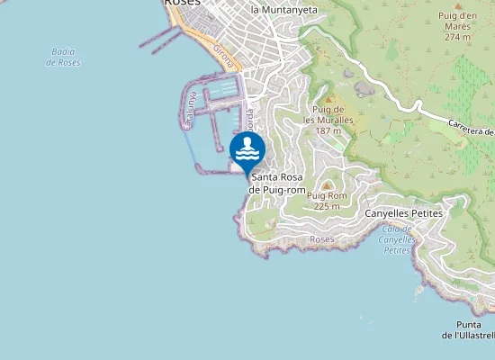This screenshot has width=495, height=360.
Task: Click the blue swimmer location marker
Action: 247,149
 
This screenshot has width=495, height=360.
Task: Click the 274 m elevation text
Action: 457,37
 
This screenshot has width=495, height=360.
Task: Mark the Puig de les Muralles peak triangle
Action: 328,100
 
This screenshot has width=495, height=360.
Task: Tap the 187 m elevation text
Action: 328,130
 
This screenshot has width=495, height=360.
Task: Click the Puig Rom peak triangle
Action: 327,184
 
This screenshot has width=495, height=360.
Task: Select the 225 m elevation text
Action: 326,206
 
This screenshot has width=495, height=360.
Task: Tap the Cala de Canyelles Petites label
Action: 397,239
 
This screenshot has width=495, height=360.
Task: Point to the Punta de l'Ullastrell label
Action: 468,329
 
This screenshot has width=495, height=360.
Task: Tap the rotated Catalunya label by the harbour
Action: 190,113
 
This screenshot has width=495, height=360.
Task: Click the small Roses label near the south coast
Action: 321,240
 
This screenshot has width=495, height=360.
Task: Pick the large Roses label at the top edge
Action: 181,4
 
